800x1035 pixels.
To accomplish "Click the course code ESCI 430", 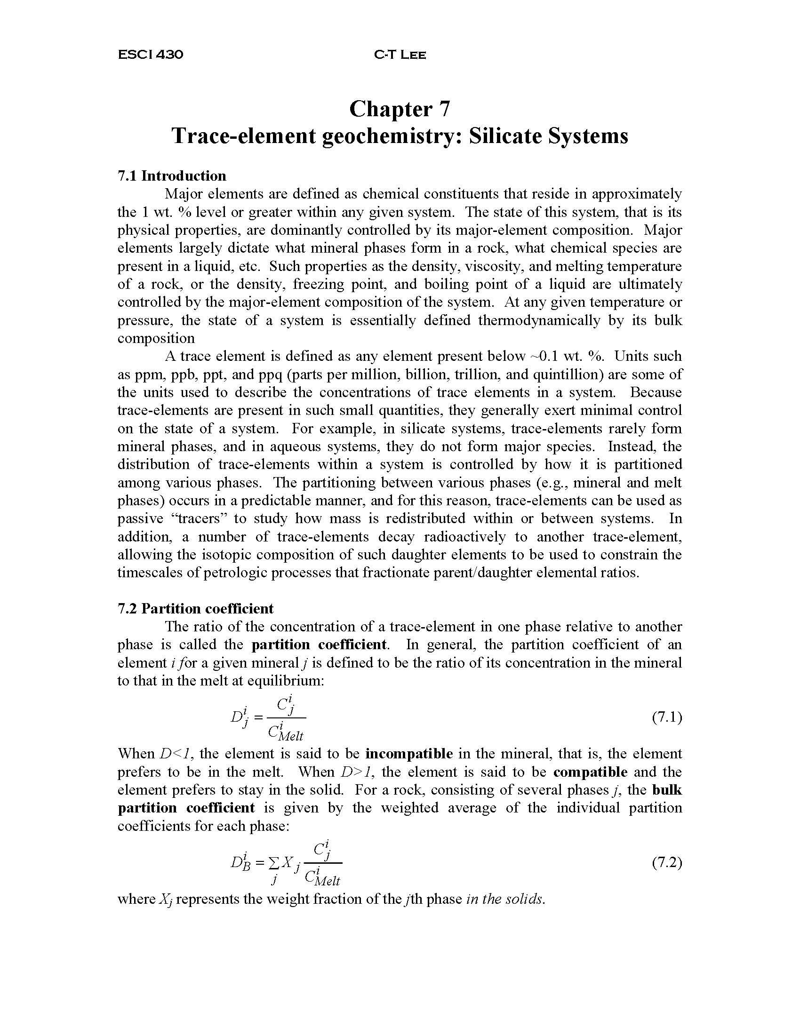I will (150, 55).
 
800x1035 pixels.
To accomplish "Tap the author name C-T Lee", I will (400, 55).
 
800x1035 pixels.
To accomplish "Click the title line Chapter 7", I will (399, 109).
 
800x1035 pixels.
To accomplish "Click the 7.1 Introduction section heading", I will (172, 176).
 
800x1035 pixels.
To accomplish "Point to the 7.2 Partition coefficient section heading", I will (195, 608).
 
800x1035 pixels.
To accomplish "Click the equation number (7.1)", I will (667, 718).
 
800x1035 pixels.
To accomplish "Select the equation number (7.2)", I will (667, 863).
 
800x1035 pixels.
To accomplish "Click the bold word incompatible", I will (409, 754).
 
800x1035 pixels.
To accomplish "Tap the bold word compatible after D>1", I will (590, 772).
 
